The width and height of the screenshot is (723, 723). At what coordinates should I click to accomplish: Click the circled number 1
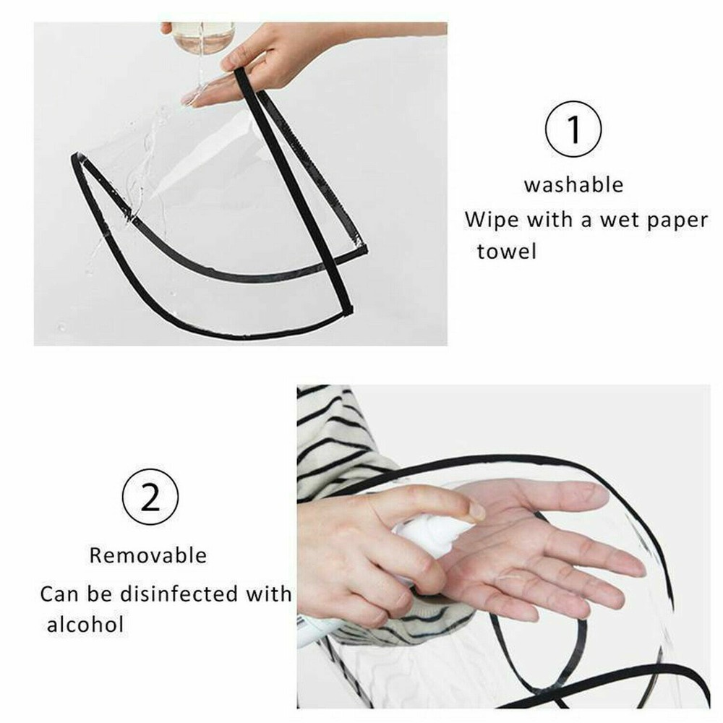(573, 129)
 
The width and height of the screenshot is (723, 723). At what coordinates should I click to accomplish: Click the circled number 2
(150, 497)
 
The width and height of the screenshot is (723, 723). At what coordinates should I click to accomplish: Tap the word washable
(573, 185)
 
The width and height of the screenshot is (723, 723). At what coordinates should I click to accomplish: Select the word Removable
(148, 555)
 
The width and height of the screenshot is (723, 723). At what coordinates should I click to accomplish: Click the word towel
(507, 252)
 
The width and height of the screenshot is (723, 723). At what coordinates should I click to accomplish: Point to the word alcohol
(86, 625)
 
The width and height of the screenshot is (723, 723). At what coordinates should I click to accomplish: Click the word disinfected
(179, 594)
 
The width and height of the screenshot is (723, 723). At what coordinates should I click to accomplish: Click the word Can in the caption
(60, 594)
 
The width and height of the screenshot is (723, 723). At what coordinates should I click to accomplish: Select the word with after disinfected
(268, 594)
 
